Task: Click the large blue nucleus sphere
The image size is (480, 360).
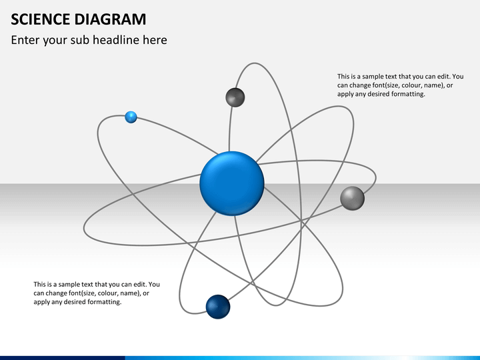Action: [x=232, y=183]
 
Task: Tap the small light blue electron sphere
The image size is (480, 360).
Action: [x=131, y=117]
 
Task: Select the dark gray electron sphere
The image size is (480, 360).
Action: [x=235, y=97]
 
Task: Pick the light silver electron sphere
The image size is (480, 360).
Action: [x=353, y=199]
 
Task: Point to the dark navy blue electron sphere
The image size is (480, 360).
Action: [x=218, y=307]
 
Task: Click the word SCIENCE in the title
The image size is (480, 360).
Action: [x=41, y=19]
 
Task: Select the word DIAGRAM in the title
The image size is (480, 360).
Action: [x=110, y=19]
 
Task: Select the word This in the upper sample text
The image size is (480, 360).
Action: [x=343, y=76]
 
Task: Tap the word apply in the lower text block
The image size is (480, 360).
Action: [x=41, y=302]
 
